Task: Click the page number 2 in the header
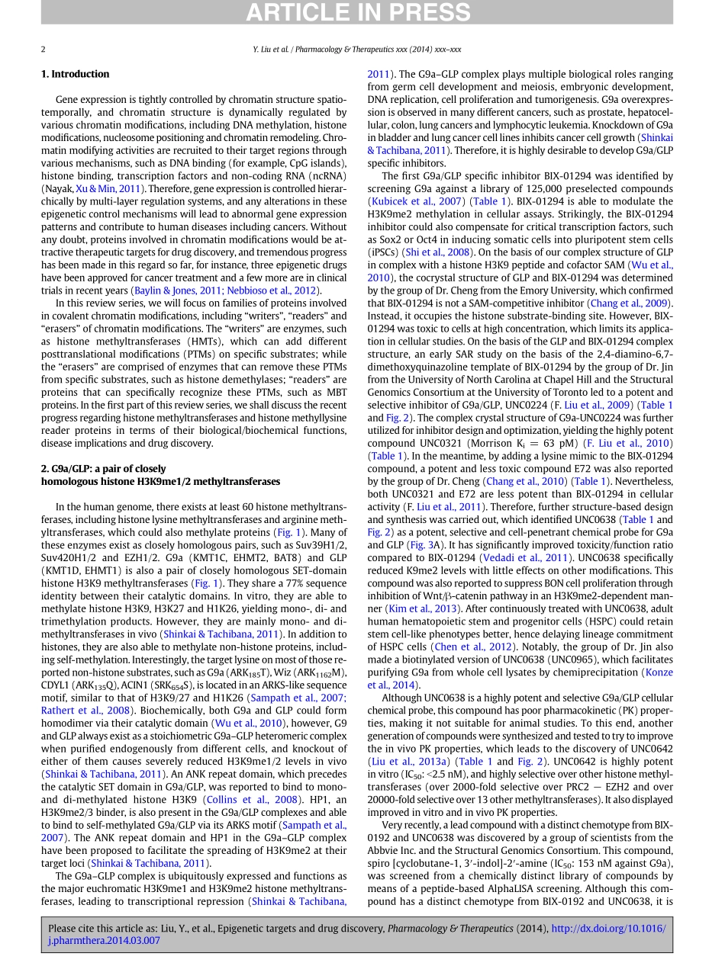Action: coord(43,50)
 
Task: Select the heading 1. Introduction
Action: coord(75,74)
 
